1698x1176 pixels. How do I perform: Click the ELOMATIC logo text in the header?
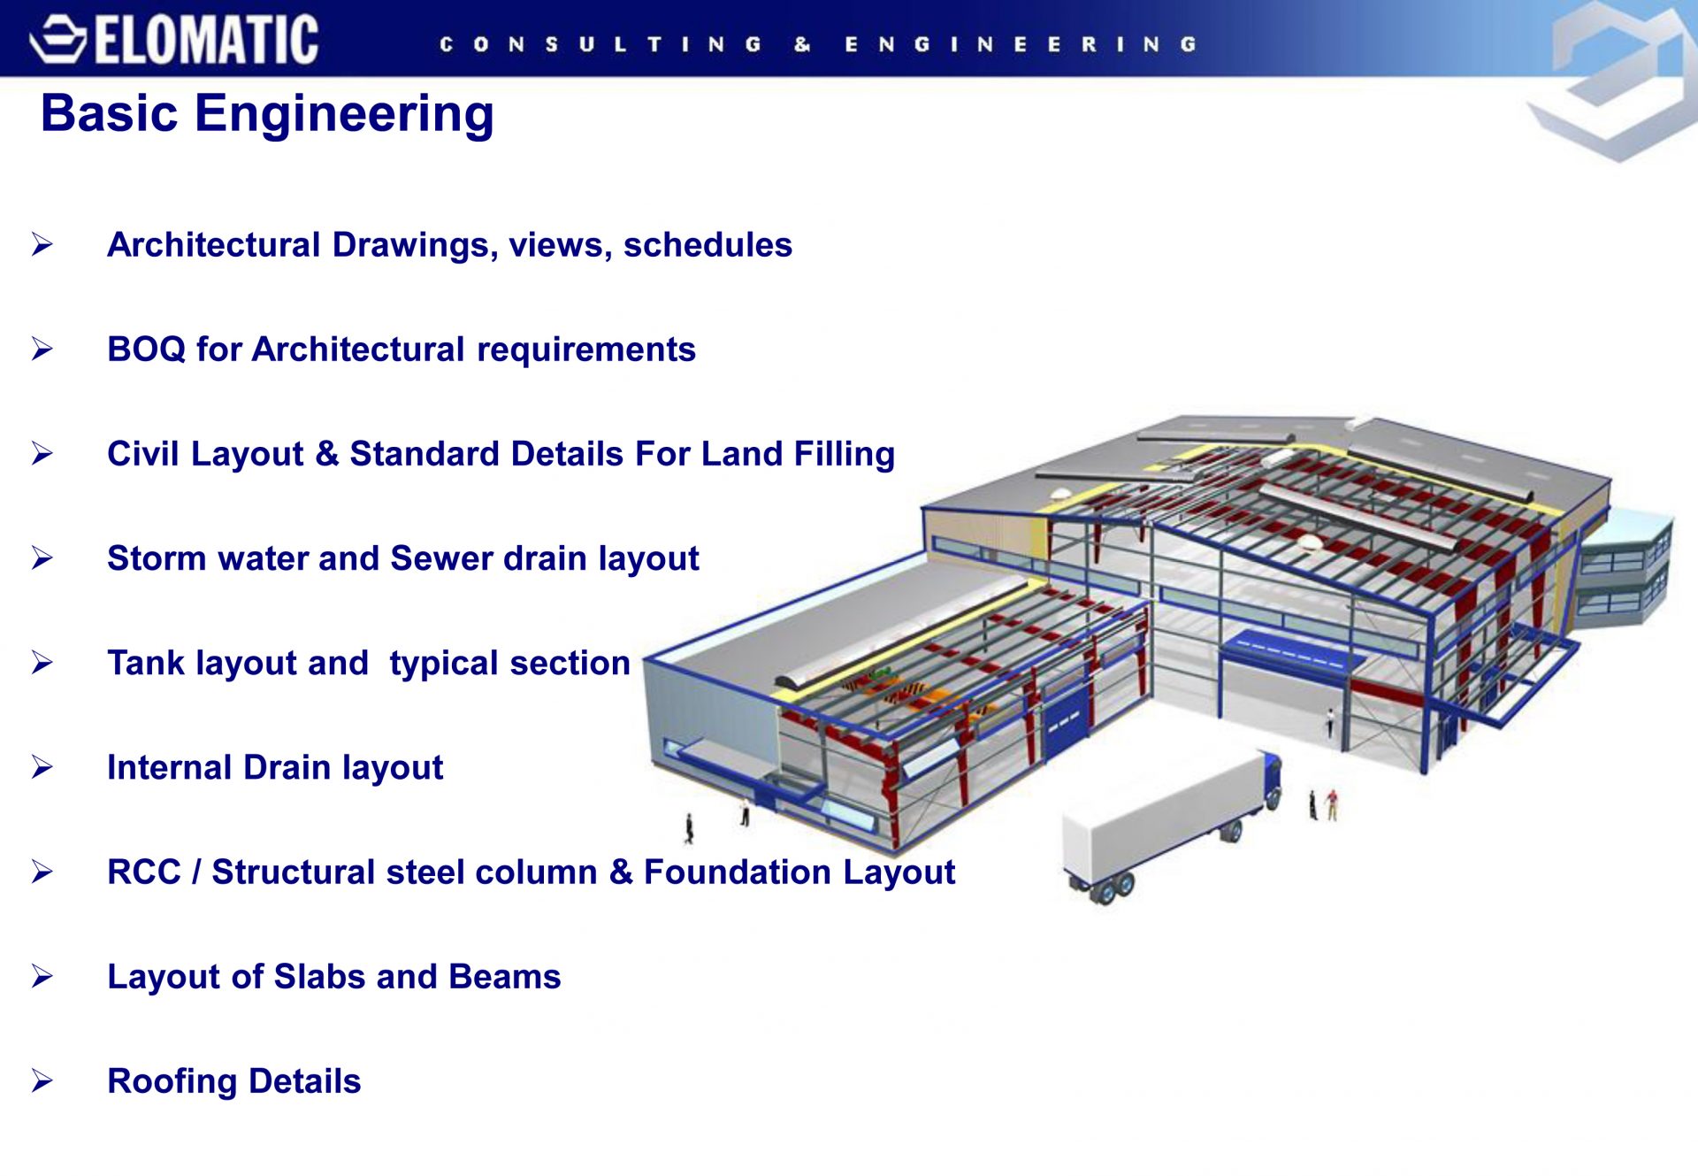click(x=206, y=41)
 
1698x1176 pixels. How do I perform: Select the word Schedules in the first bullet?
click(x=707, y=245)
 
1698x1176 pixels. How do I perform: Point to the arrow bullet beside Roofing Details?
click(x=42, y=1080)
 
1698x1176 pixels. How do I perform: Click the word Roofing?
click(x=172, y=1082)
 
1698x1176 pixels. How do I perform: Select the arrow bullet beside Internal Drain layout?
click(x=42, y=767)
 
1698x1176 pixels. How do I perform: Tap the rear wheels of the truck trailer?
click(x=1113, y=888)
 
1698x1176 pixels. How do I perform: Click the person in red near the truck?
click(x=1332, y=804)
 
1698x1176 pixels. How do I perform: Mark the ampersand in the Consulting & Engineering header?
click(x=802, y=44)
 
